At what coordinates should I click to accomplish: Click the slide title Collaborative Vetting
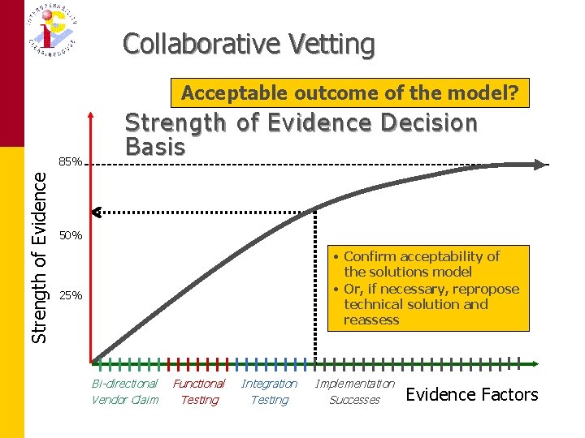(x=249, y=44)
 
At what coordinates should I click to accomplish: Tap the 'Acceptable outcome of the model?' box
(x=349, y=93)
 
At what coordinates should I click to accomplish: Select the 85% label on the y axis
(x=71, y=162)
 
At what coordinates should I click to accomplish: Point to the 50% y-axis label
(x=71, y=235)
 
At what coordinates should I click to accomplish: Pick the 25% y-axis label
(x=71, y=296)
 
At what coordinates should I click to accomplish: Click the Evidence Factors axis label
(x=471, y=395)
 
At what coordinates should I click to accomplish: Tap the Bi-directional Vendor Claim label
(x=124, y=391)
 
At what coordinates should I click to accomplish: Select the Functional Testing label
(x=199, y=391)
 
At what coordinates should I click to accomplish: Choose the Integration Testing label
(x=269, y=391)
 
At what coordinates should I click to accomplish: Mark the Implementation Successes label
(x=354, y=391)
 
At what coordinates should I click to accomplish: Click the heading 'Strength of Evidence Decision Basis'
(x=301, y=135)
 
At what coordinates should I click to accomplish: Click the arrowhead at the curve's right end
(x=540, y=165)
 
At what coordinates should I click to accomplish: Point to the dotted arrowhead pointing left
(x=96, y=213)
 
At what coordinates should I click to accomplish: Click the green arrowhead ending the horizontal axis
(x=536, y=363)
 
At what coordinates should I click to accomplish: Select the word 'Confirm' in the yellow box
(x=370, y=256)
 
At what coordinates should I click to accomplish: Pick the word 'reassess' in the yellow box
(x=371, y=320)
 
